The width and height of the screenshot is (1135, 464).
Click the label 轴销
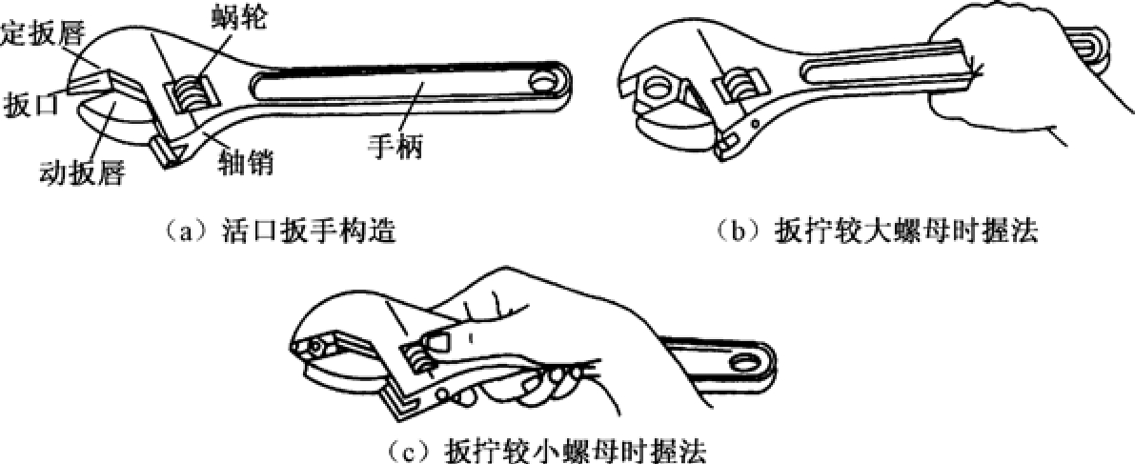point(247,165)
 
